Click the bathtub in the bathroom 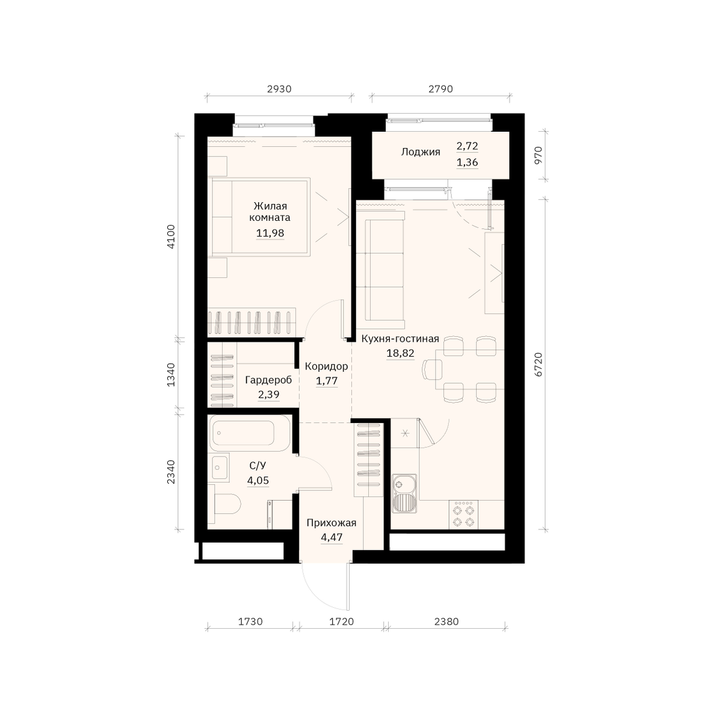coord(250,433)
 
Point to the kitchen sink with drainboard coord(404,493)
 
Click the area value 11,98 coord(270,233)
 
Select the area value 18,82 coord(400,353)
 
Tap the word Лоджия coord(421,152)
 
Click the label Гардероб coord(268,380)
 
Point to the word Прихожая coord(331,522)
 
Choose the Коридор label coord(326,366)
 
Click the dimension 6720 coord(538,364)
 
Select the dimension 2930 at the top coord(279,89)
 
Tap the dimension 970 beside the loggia coord(538,155)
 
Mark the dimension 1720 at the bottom coord(342,622)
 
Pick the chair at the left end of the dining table coord(431,369)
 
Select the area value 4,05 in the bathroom coord(258,480)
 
